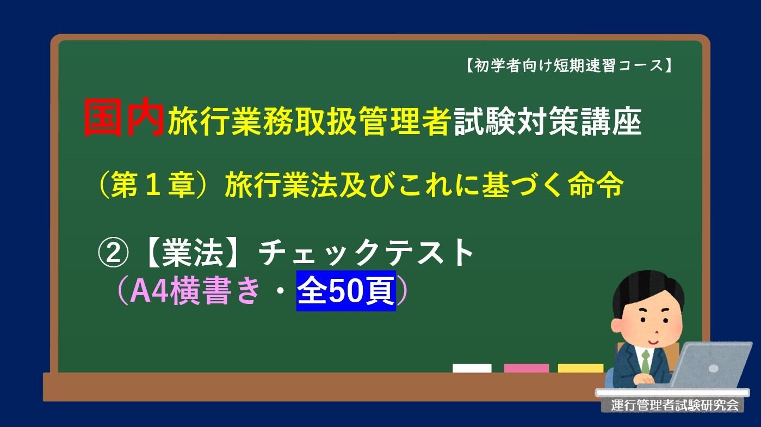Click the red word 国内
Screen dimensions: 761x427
[124, 118]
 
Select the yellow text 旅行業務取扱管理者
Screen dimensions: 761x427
[309, 121]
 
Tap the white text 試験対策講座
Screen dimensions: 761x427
[548, 121]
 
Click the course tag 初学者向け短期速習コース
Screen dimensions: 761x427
[568, 66]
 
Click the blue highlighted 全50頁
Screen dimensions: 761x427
[346, 291]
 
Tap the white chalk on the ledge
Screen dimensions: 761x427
[472, 368]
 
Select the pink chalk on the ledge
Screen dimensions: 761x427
[526, 368]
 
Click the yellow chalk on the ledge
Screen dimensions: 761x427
[580, 368]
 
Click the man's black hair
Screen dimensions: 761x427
[647, 289]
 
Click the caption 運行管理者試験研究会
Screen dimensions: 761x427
[675, 405]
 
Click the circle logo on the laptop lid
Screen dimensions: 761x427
[714, 368]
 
